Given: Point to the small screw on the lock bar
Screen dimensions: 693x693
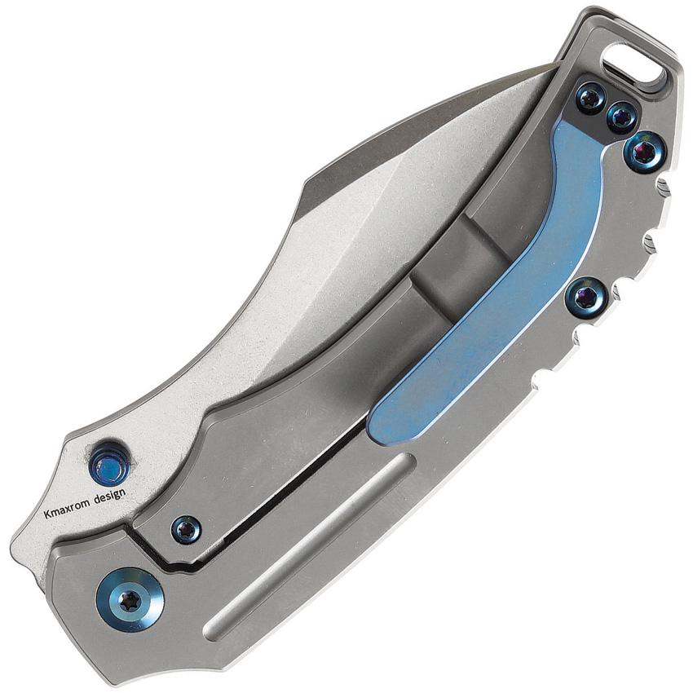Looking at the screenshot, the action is [186, 529].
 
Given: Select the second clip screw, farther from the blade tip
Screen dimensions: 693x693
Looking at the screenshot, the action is [621, 117].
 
